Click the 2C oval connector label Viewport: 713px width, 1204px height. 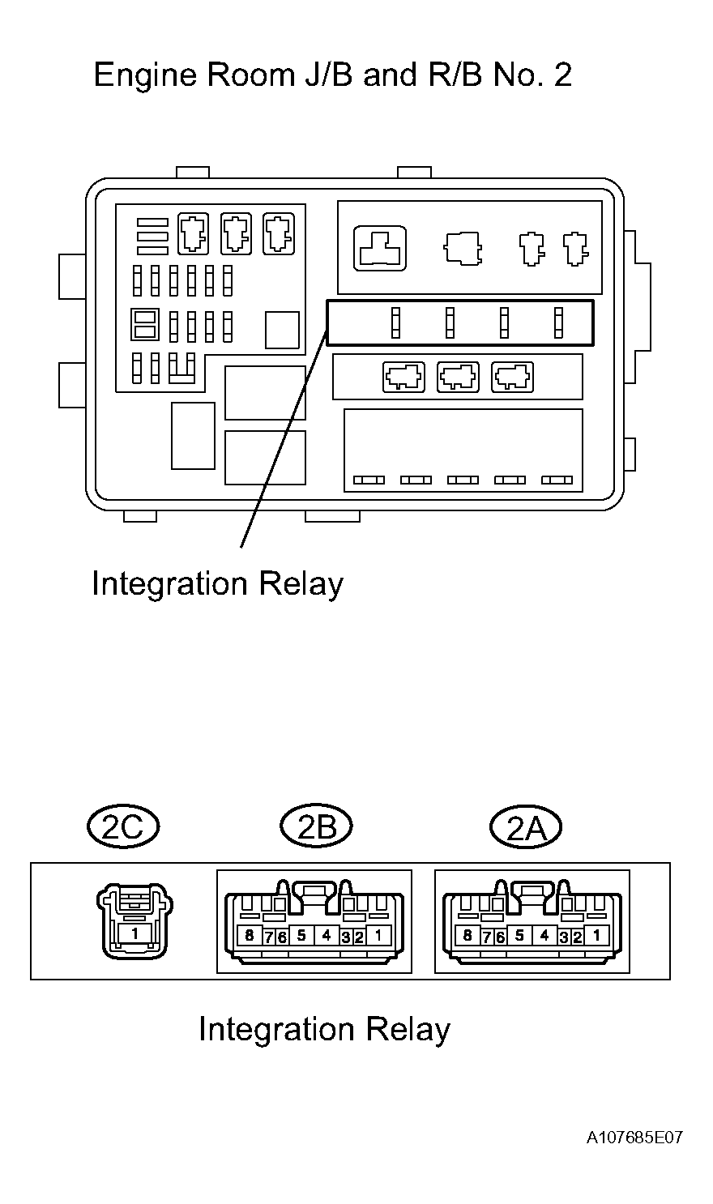[x=122, y=826]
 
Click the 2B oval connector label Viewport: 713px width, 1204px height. [x=316, y=826]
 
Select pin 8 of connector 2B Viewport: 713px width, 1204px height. [x=249, y=936]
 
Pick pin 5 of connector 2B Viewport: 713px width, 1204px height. [x=301, y=936]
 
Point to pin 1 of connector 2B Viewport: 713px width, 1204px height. [x=378, y=936]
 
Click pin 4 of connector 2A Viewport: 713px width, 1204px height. [x=544, y=936]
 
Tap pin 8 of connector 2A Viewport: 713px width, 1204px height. [x=467, y=936]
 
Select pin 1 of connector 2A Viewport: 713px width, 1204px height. [x=597, y=936]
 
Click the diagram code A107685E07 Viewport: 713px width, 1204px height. [x=635, y=1138]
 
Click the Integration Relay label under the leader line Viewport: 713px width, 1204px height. [x=217, y=583]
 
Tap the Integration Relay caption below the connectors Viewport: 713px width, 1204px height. [x=324, y=1029]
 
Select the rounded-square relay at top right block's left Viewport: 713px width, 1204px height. [x=380, y=248]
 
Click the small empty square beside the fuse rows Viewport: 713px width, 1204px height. [x=282, y=330]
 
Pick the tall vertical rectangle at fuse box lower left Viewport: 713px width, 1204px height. [x=193, y=436]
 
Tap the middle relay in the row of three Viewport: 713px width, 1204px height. [x=458, y=377]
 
